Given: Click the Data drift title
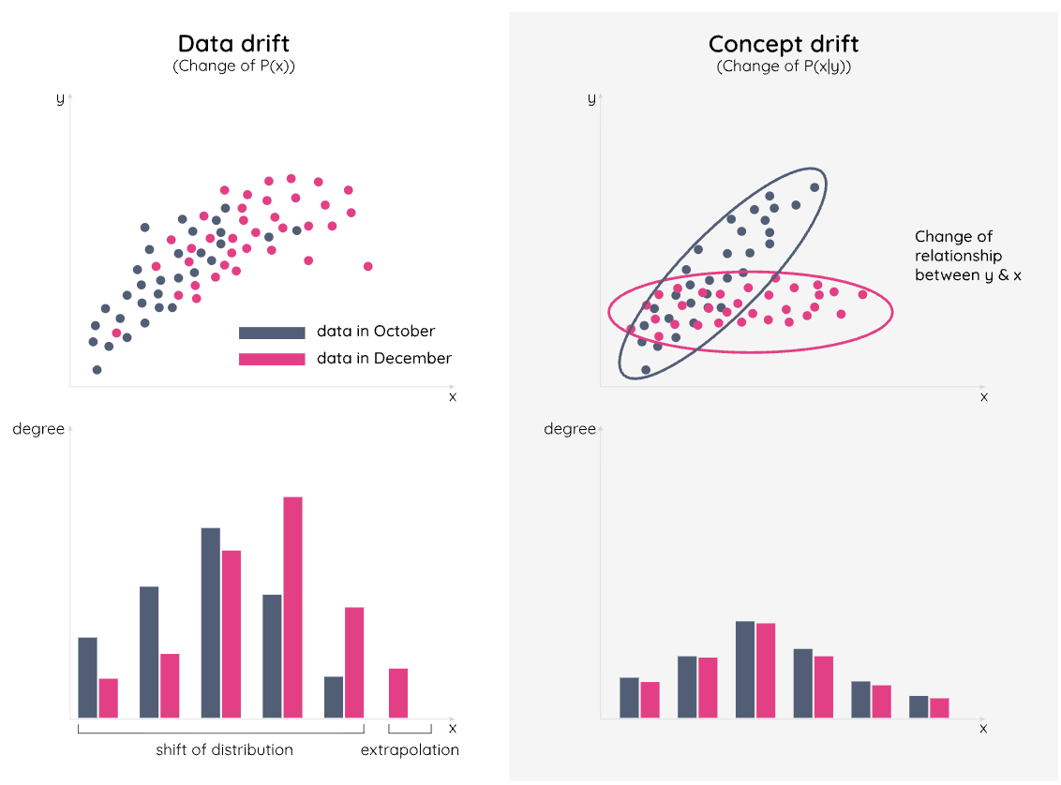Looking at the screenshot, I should pos(233,43).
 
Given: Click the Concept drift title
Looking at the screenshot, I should pos(784,43).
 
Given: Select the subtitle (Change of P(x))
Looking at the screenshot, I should pos(233,67).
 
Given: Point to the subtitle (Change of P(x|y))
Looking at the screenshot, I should pos(784,67).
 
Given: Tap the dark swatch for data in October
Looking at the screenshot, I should pos(272,333).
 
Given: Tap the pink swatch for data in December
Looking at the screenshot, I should pos(272,359).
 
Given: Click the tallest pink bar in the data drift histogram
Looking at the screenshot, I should pos(292,607).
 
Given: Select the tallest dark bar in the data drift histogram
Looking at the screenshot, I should pos(211,623).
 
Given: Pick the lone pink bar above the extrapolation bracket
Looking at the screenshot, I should pos(398,693).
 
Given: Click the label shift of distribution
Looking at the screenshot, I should pos(224,749).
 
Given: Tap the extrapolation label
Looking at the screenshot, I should pos(410,749).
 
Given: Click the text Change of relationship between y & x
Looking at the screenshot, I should pos(958,256).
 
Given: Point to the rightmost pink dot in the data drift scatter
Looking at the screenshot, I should pos(367,267).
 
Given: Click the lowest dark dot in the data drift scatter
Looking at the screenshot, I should pos(97,370).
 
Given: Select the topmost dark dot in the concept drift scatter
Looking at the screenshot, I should pos(814,187).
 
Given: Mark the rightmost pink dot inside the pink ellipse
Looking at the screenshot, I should pos(862,294).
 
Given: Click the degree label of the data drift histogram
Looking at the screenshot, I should pos(38,429).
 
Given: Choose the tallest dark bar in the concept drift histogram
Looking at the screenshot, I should pos(745,670).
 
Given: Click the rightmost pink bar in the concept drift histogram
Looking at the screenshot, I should pos(939,708).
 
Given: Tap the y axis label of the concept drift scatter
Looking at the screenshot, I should pos(591,98).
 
